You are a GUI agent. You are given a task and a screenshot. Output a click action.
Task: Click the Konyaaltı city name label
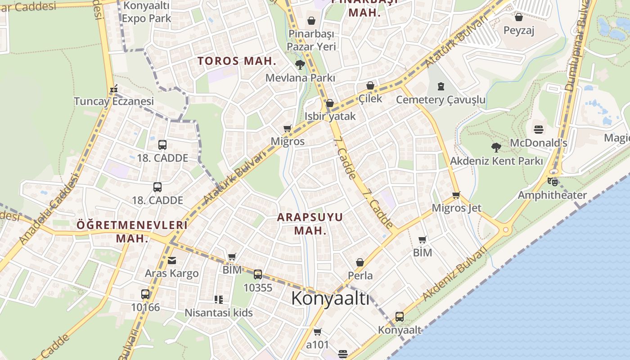[330, 298]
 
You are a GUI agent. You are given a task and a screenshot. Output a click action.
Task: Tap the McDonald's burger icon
[539, 130]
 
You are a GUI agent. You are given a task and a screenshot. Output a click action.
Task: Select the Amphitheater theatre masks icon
[552, 182]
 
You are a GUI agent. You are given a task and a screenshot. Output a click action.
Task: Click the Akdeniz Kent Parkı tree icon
[496, 147]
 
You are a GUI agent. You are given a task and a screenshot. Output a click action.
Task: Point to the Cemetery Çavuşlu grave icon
[441, 86]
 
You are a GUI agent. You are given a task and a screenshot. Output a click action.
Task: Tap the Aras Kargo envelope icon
[171, 260]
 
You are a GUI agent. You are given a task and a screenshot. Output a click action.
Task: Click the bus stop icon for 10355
[257, 274]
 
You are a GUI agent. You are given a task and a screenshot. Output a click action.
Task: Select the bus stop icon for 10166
[145, 294]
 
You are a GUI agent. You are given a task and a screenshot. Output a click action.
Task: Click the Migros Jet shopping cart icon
[456, 195]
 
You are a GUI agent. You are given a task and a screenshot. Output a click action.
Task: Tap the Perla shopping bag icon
[360, 262]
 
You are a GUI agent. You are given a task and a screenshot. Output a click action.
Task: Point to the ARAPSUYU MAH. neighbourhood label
[310, 224]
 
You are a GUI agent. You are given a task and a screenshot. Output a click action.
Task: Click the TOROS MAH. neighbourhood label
[237, 61]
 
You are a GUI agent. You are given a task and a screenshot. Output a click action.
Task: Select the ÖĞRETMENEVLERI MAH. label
[132, 231]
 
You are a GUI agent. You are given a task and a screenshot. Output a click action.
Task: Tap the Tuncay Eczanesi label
[114, 101]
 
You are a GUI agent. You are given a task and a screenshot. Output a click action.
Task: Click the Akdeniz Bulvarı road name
[455, 274]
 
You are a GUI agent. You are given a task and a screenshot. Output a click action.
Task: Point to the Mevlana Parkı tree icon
[300, 65]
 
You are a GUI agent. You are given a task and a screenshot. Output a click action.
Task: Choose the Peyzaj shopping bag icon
[518, 17]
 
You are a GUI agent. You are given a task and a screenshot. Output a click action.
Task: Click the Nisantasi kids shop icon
[218, 299]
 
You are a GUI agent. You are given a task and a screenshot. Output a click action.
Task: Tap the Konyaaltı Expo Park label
[146, 12]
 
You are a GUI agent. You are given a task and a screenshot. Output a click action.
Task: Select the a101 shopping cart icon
[317, 332]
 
